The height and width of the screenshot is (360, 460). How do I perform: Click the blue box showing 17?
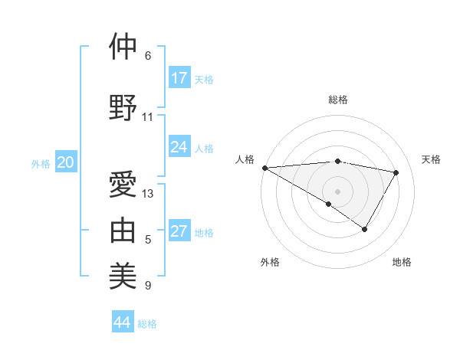[179, 78]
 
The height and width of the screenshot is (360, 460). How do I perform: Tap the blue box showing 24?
[179, 147]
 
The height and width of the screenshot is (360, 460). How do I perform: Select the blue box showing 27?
[179, 232]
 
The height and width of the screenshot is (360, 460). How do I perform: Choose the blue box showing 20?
[66, 162]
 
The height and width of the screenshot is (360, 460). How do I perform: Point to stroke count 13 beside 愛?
[148, 194]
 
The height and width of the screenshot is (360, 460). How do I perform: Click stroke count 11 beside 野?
[148, 117]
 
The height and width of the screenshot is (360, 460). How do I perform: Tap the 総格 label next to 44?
[147, 324]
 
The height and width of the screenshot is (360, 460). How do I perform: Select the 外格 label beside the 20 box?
[41, 163]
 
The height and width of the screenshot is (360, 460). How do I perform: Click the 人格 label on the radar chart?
[245, 159]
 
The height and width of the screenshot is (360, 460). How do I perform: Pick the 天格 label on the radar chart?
[431, 159]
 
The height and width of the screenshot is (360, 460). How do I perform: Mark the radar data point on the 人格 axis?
[264, 168]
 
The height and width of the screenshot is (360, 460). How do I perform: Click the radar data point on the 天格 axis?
[396, 172]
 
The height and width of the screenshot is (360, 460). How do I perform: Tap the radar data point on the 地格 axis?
[365, 229]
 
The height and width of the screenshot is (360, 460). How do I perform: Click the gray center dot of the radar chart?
[337, 191]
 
